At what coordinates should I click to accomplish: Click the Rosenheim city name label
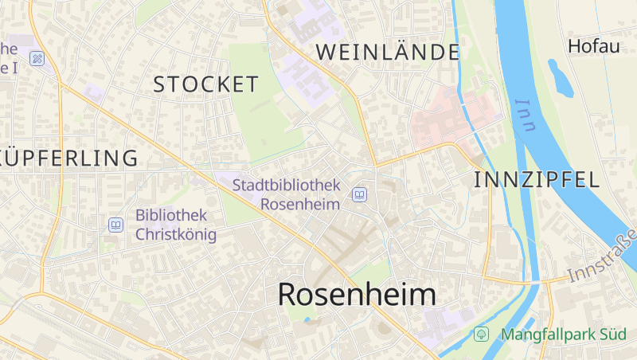(x=357, y=295)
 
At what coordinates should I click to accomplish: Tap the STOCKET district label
(x=205, y=84)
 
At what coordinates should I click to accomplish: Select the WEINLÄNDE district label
(x=388, y=53)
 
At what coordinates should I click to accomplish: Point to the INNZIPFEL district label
(x=536, y=180)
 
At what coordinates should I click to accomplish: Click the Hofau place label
(x=593, y=46)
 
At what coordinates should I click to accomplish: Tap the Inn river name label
(x=526, y=115)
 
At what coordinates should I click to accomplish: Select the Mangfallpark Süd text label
(x=563, y=334)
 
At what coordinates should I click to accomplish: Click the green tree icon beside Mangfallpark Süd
(x=481, y=334)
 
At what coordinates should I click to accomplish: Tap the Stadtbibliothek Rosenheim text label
(x=286, y=194)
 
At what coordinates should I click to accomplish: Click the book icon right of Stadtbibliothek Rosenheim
(x=360, y=194)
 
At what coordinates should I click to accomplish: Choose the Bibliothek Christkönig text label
(x=171, y=225)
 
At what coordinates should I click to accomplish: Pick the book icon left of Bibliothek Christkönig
(x=115, y=225)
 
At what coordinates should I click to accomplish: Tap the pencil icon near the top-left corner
(x=37, y=58)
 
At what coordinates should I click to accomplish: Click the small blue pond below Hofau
(x=560, y=78)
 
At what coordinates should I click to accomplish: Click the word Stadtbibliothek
(x=286, y=185)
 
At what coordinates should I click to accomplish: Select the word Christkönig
(x=176, y=234)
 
